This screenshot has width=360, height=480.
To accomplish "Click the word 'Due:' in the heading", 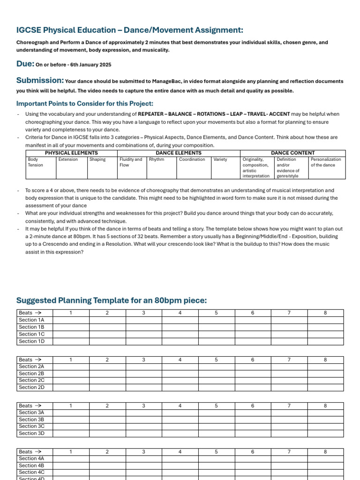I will coord(25,64).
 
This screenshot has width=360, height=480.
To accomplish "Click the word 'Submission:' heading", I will coord(40,81).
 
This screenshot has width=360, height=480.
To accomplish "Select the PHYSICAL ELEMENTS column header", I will coord(71,153).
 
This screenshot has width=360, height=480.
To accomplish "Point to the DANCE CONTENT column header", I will coord(292,153).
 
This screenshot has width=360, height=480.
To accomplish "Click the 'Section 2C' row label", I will coord(31,380).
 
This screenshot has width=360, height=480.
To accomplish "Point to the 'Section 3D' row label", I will coord(31,434).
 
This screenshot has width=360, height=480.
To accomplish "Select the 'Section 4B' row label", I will coord(31,465).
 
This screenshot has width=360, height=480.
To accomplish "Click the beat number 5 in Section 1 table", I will coord(217,313).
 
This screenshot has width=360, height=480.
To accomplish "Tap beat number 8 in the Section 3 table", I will coord(325,405).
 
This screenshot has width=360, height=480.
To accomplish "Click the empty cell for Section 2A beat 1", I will coord(71,367).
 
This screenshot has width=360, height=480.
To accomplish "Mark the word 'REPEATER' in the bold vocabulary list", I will coord(152,114).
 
